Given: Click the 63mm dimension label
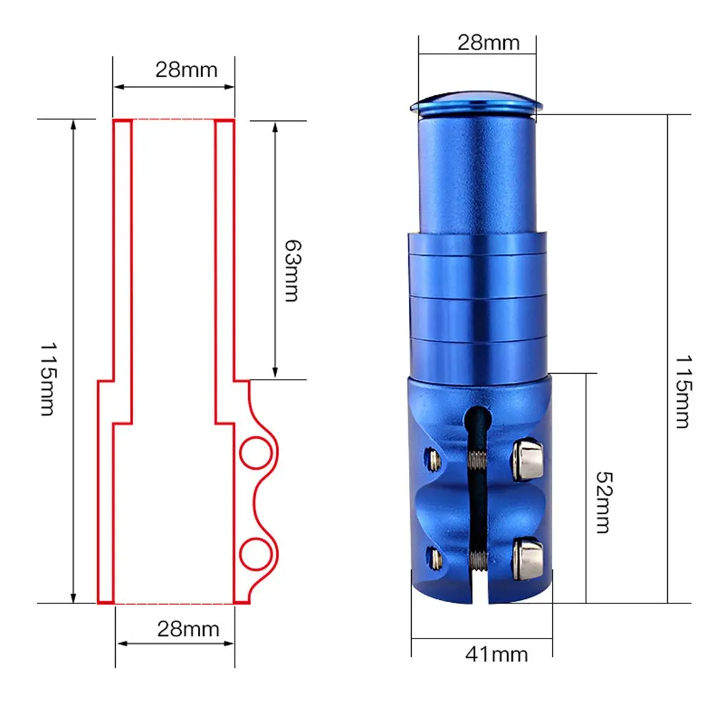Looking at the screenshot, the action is [x=292, y=271].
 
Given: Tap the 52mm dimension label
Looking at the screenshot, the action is [x=605, y=503].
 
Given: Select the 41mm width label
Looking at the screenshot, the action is [x=497, y=654].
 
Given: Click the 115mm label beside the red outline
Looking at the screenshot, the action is [x=48, y=379].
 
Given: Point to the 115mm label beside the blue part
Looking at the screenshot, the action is [x=683, y=392].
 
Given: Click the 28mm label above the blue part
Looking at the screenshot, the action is [x=488, y=43].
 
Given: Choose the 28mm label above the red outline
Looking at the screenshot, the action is [x=186, y=70].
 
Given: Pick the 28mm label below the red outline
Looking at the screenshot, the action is [x=188, y=629].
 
